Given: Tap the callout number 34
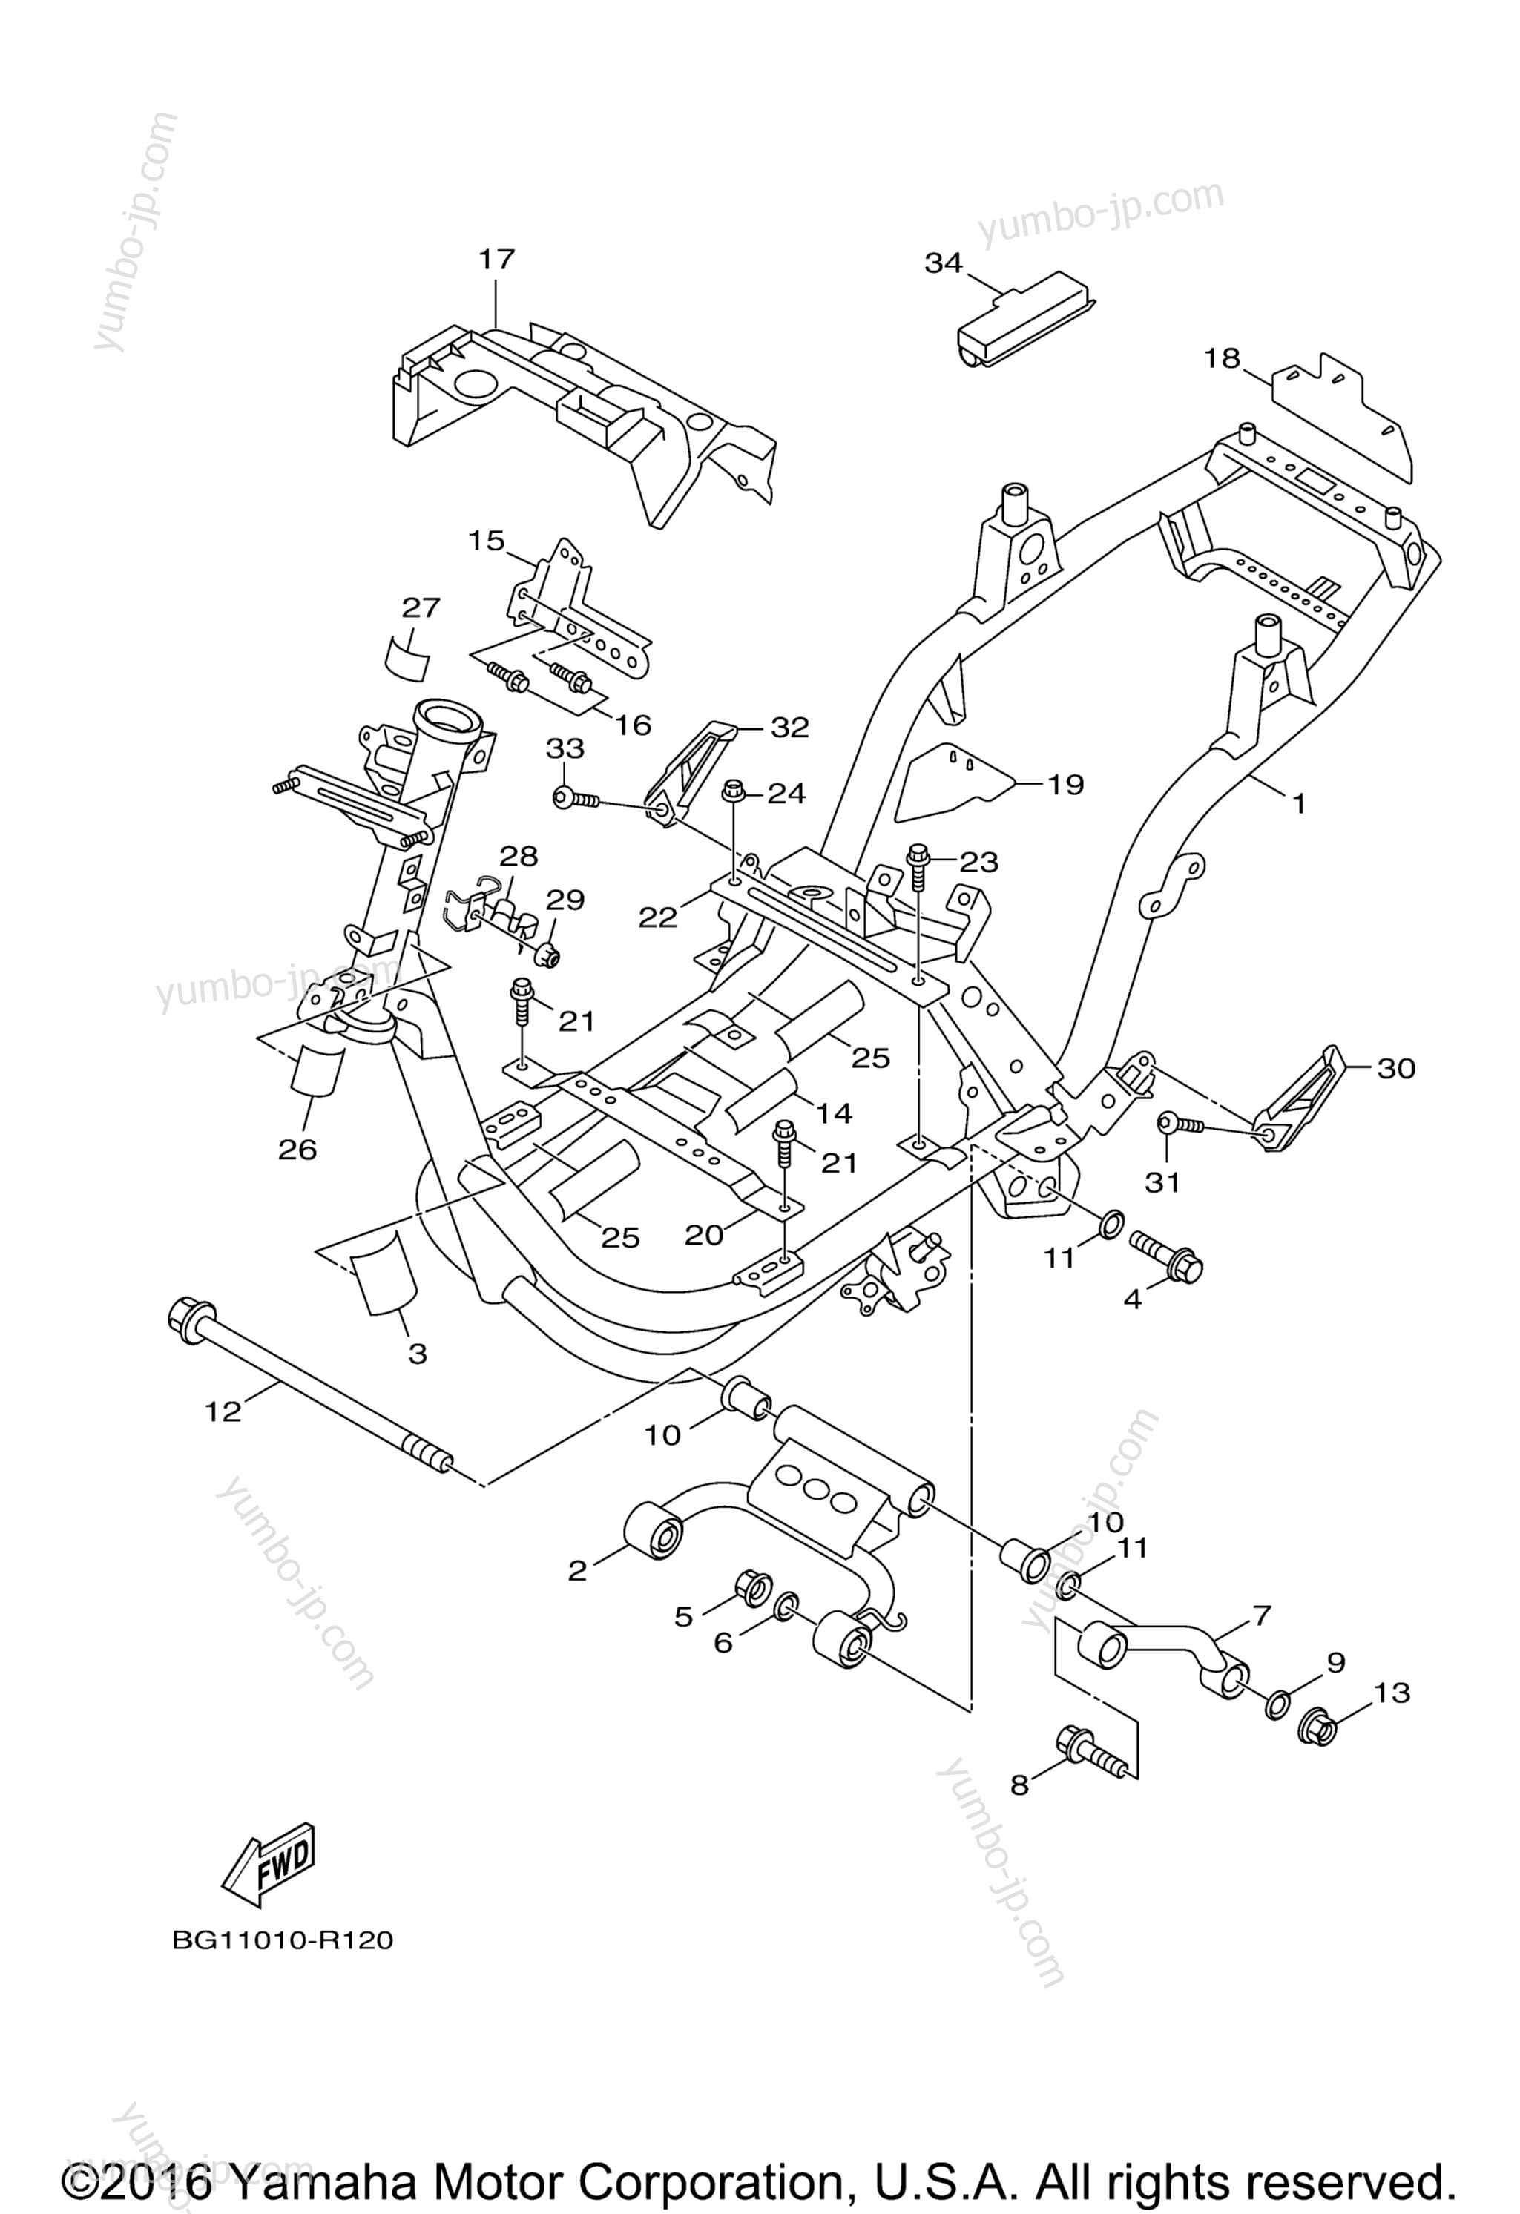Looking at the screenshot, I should coord(944,263).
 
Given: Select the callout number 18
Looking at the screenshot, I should coord(1223,359).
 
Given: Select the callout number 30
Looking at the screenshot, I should coord(1396,1068).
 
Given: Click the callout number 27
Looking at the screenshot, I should coord(421,607).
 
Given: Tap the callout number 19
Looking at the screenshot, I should coord(1065,784).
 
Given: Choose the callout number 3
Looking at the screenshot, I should coord(418,1354).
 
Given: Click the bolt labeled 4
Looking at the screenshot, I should coord(1168,1255).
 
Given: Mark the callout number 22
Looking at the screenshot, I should coord(657,917).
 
